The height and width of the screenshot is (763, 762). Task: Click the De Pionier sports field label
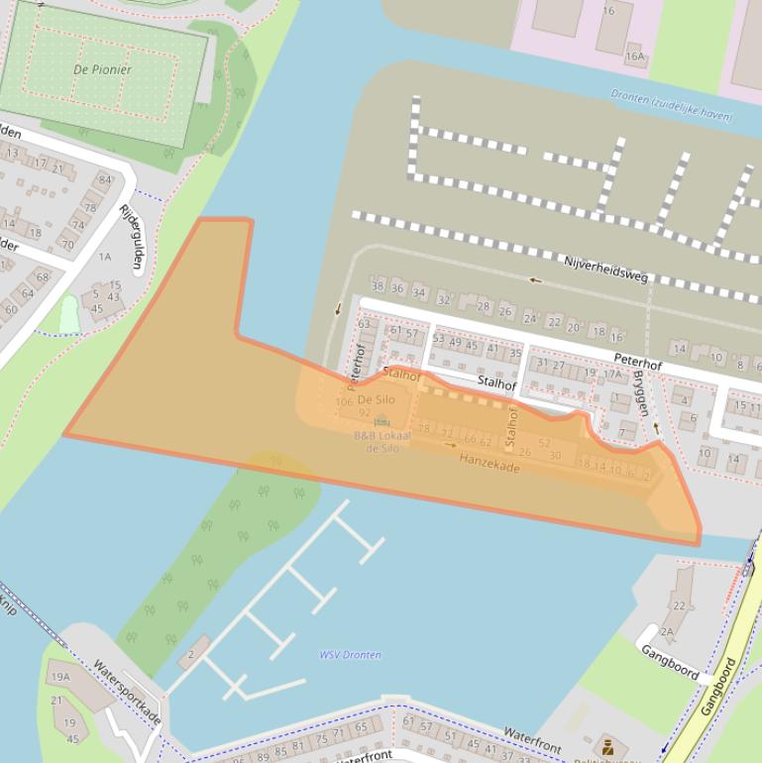pos(102,69)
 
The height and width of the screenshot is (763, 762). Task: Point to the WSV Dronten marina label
pos(350,655)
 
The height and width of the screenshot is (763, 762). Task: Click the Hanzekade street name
pos(489,462)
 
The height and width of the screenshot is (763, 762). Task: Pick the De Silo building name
pos(377,399)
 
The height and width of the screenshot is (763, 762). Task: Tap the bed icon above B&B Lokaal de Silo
pos(381,422)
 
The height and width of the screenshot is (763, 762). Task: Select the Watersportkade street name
pos(127,692)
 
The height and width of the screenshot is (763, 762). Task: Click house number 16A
pos(634,57)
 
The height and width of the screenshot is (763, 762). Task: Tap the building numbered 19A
pos(60,677)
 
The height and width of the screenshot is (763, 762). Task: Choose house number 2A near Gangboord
pos(666,630)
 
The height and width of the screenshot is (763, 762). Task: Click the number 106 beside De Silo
pos(344,402)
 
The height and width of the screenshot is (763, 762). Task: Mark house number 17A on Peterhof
pos(613,374)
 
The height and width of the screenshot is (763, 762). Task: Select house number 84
pos(104,179)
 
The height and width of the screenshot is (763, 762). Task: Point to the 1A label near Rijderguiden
pos(105,257)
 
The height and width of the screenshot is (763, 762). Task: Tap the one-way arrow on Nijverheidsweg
pos(535,279)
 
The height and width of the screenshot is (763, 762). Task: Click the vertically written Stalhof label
pos(511,427)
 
